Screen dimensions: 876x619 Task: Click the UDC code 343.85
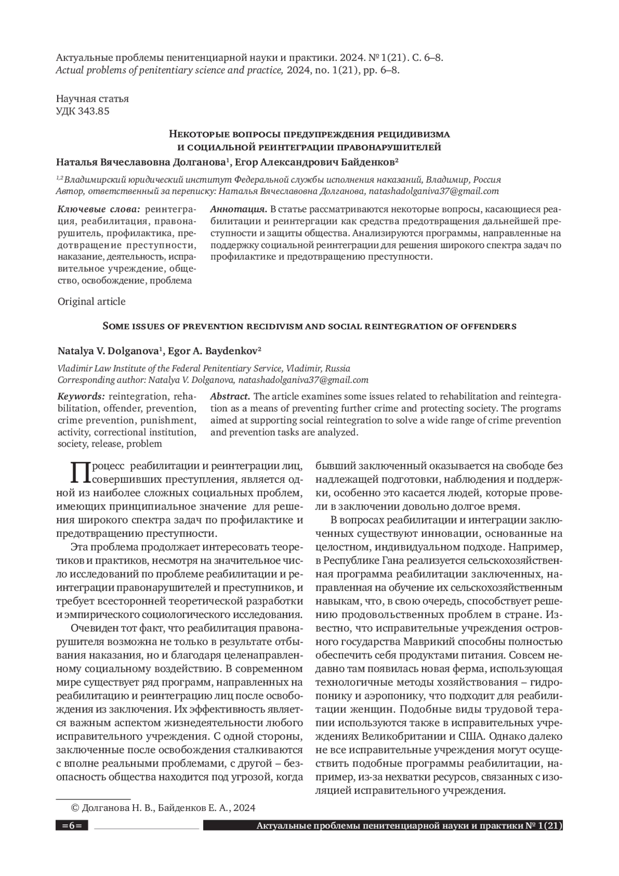93,111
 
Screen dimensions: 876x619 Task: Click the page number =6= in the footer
72,826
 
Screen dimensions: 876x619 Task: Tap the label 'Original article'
91,301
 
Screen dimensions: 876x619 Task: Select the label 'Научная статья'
92,99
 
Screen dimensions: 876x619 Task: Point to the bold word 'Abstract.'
231,396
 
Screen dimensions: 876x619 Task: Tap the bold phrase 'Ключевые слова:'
98,210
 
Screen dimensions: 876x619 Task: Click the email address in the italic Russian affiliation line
433,192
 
